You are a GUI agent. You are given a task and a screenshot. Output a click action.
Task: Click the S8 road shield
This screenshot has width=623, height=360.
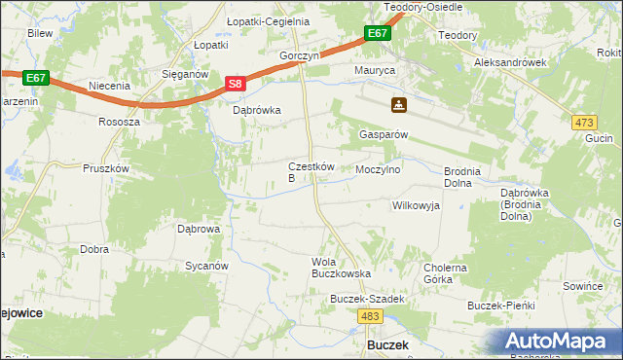pos(236,85)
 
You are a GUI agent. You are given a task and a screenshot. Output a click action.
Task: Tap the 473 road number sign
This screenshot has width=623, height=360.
pos(584,122)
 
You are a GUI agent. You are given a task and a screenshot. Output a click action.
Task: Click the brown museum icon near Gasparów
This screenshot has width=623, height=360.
pos(398,105)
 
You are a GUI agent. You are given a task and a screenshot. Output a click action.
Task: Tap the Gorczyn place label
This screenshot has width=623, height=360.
pos(299,56)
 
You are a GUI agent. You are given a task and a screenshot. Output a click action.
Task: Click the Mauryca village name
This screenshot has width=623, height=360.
pos(374,72)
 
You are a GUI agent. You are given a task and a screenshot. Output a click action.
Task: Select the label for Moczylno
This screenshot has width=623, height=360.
pos(379,169)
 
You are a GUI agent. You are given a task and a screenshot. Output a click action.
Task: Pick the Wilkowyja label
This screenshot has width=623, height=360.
pos(416,205)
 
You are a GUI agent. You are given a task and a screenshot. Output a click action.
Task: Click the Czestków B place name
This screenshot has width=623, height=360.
pos(311,172)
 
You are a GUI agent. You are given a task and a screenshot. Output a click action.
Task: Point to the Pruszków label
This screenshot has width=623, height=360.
pos(106,168)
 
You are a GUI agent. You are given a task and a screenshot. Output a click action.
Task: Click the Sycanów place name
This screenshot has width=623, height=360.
pos(206,266)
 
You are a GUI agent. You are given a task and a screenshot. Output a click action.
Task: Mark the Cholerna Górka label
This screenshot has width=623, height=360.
pos(445,273)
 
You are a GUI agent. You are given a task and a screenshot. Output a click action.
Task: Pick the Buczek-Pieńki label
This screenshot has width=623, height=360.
pos(501,306)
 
